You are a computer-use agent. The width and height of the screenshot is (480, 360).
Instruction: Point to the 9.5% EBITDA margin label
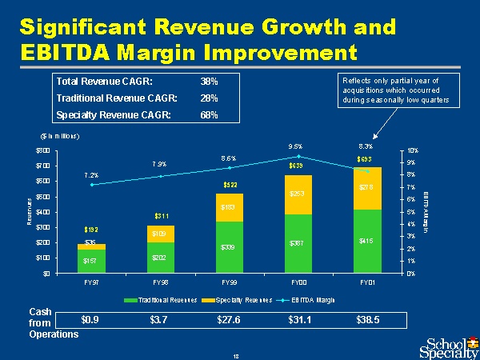coord(295,146)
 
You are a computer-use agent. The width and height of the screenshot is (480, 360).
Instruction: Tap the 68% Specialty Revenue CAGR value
coord(209,115)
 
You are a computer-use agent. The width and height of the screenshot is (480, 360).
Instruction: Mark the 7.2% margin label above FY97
coord(91,174)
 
